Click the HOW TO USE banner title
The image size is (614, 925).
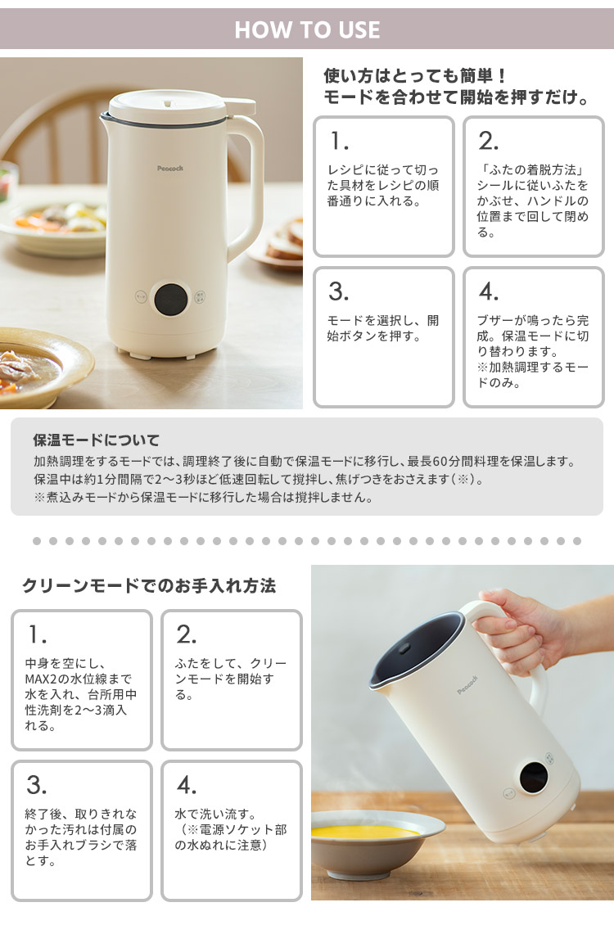(307, 30)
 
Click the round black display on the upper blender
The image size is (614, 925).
(172, 300)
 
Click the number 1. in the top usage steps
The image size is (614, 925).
(338, 141)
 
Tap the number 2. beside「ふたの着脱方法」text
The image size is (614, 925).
(488, 141)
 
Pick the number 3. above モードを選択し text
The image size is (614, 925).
(338, 291)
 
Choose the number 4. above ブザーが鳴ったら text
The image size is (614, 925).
(488, 291)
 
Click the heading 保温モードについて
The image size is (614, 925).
(96, 440)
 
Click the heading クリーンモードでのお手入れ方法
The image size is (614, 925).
(148, 586)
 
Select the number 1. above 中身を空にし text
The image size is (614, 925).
(37, 634)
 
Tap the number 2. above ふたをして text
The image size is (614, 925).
(187, 634)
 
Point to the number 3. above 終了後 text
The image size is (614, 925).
(37, 785)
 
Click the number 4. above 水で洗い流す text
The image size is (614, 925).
(187, 785)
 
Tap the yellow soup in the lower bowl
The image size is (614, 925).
(365, 831)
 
